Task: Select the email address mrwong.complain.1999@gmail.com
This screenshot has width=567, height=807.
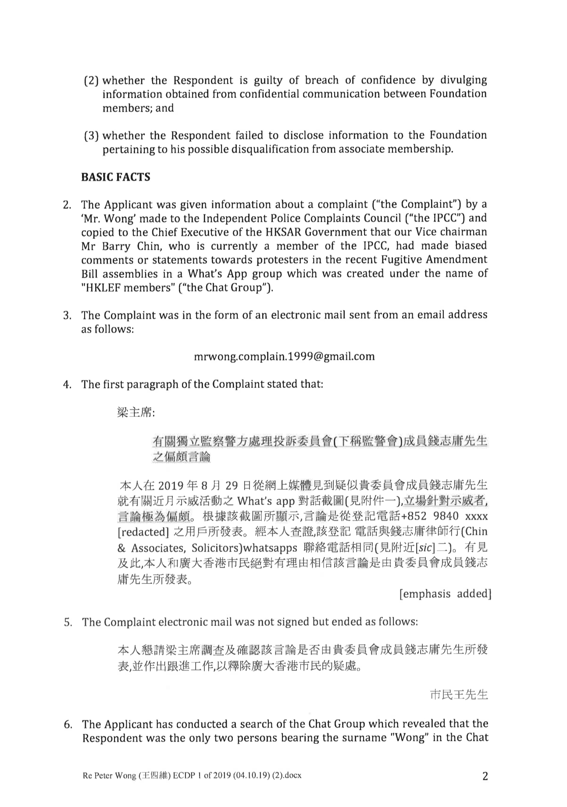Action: pyautogui.click(x=284, y=356)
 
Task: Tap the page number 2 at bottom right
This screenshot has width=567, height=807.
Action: pyautogui.click(x=485, y=776)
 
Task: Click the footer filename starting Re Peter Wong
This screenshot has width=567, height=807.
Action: pyautogui.click(x=192, y=775)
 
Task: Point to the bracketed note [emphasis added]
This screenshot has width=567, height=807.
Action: pyautogui.click(x=445, y=594)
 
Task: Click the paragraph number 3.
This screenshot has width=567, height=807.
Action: pyautogui.click(x=67, y=315)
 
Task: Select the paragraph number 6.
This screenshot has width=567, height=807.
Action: pyautogui.click(x=68, y=724)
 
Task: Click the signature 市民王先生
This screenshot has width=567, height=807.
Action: pyautogui.click(x=458, y=695)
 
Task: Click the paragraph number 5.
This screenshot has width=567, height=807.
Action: pyautogui.click(x=68, y=622)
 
